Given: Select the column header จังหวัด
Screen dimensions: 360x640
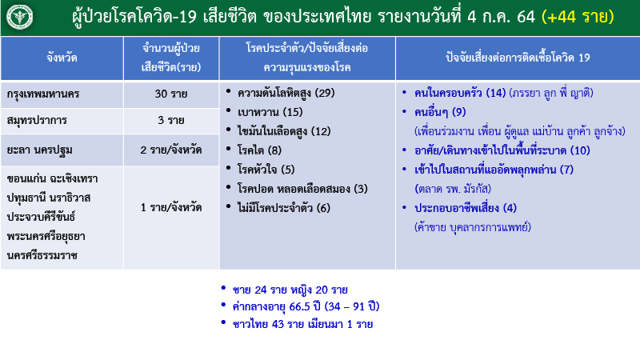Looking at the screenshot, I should (x=62, y=58).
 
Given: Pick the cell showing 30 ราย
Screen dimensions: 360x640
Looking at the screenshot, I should (x=171, y=94).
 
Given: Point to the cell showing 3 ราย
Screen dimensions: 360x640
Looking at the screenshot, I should (x=171, y=121).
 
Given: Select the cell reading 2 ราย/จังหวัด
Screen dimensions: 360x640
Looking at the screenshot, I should (x=171, y=149).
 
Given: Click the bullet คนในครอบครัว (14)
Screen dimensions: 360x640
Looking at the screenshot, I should (x=460, y=93).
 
